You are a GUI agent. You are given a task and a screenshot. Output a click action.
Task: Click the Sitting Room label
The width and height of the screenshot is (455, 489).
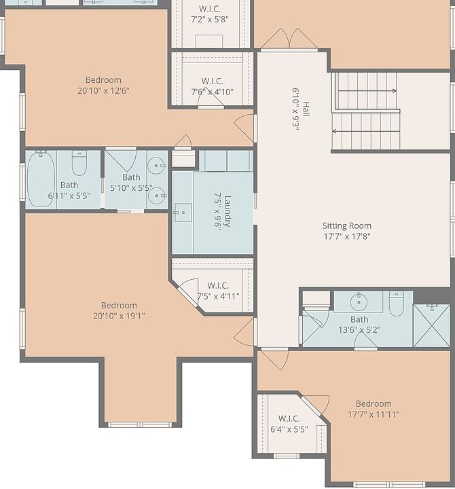tap(347, 231)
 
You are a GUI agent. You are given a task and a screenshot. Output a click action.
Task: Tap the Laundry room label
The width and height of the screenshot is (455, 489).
tap(223, 211)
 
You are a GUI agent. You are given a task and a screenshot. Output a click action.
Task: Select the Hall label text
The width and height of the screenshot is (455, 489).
tap(301, 109)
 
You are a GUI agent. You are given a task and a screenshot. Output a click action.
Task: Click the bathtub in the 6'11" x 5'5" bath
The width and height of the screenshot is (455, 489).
tap(41, 179)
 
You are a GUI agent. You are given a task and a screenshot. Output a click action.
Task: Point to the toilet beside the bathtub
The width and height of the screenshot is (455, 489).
tap(79, 163)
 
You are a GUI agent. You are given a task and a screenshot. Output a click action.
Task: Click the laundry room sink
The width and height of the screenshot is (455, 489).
tap(183, 213)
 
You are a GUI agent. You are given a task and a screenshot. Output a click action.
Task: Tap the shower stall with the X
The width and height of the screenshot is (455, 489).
tap(432, 325)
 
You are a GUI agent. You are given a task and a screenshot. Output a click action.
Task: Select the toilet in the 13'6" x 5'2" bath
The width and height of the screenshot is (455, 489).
tap(397, 304)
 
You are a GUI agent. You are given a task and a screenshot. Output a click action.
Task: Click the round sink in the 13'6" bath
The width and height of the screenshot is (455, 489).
tap(359, 302)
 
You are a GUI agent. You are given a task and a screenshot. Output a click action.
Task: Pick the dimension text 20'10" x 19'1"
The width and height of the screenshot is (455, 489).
tap(119, 316)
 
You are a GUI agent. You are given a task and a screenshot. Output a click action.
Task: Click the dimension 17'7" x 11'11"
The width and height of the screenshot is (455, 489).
tap(374, 414)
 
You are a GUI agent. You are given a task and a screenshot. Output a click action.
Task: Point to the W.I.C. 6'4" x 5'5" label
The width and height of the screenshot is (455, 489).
tap(289, 424)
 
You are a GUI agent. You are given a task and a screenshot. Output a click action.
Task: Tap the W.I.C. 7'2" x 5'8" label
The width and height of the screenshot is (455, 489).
tap(210, 14)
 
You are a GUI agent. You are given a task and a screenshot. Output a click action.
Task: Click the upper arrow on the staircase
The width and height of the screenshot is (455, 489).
tap(367, 91)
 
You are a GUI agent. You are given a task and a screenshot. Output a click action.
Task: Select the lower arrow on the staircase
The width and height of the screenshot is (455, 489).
tap(366, 131)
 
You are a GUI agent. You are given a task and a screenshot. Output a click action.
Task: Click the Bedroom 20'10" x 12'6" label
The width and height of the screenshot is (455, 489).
tap(103, 85)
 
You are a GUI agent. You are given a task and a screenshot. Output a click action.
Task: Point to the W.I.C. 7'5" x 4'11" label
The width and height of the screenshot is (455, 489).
tap(218, 291)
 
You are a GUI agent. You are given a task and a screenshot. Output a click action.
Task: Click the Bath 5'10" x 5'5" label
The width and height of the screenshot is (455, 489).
tap(131, 183)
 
